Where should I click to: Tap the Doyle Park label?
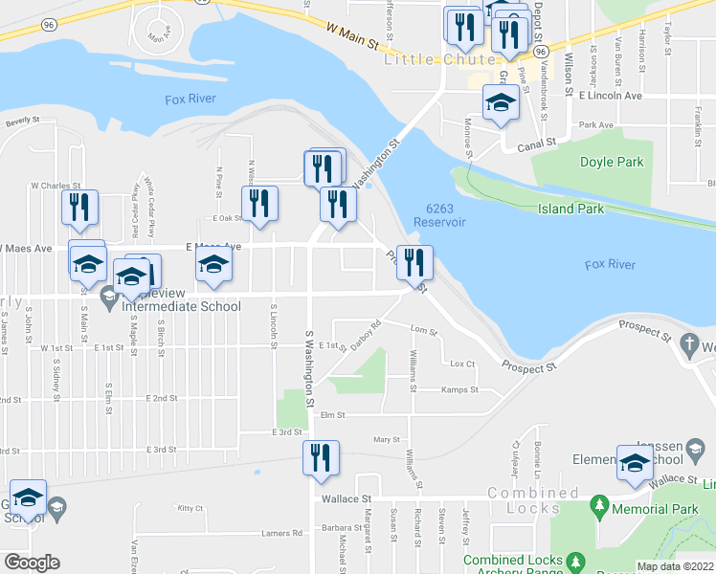click(x=612, y=162)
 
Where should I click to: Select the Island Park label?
click(x=570, y=209)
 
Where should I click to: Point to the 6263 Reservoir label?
click(x=438, y=215)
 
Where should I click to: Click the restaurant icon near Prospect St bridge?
click(x=414, y=262)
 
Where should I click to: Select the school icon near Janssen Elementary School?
click(x=634, y=464)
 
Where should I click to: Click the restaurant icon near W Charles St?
click(x=78, y=208)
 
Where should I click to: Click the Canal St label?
click(x=537, y=145)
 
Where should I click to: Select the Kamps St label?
click(x=459, y=389)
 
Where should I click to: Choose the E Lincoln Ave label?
click(x=610, y=96)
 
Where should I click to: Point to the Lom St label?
click(x=422, y=331)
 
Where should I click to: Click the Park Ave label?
click(x=595, y=124)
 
